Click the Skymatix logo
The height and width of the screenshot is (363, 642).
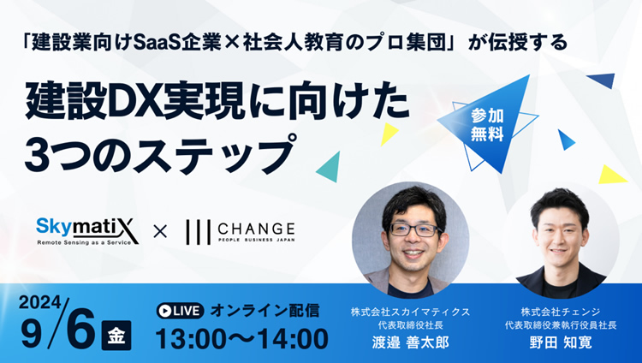[x=87, y=231]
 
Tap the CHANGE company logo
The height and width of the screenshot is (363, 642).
[x=241, y=232]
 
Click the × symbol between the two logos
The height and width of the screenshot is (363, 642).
[x=160, y=232]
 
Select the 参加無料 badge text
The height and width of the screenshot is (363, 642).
[x=487, y=125]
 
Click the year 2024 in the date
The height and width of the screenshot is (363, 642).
[x=39, y=303]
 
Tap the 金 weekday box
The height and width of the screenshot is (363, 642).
[x=116, y=336]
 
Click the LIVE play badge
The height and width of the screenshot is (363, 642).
[x=180, y=311]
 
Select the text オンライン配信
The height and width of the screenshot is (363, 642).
[x=265, y=311]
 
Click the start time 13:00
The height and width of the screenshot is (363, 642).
[x=191, y=339]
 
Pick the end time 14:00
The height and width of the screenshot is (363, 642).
[x=293, y=339]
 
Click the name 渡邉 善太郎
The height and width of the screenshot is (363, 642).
[x=410, y=342]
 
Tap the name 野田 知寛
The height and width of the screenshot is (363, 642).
[x=561, y=342]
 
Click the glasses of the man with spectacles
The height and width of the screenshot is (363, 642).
[x=413, y=229]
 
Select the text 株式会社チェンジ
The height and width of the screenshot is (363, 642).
[x=561, y=312]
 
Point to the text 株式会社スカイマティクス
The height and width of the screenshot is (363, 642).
[x=410, y=312]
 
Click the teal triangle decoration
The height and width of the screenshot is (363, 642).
[x=330, y=167]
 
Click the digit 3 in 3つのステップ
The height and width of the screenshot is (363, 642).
[x=37, y=156]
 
